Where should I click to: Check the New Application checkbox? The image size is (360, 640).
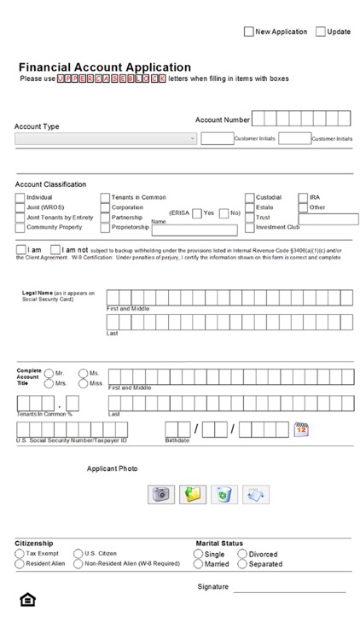coord(249,32)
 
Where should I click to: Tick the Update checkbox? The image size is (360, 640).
coord(321,32)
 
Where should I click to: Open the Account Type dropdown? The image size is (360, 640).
coord(105,138)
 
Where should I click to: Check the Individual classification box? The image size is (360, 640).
coord(20,198)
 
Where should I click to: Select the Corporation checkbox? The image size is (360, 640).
coord(106,208)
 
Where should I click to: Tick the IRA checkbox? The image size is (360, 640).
coord(303,198)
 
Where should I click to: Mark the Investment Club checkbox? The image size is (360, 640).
coord(250,228)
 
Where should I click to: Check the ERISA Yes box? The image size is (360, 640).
coord(197,213)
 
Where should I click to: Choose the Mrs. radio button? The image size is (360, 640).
coord(49,384)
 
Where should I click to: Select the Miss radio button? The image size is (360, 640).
coord(84,384)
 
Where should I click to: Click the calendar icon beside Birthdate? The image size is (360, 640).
coord(300,429)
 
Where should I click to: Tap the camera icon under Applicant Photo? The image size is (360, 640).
coord(160,494)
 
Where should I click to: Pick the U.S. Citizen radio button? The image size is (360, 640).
coord(78,554)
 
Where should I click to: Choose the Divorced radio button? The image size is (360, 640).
coord(242,554)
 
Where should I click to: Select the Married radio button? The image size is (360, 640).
coord(198,564)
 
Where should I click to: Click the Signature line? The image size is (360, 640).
coord(289,590)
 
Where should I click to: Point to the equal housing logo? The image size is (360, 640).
coord(27,601)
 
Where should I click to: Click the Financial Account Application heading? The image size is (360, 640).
coord(105,67)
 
